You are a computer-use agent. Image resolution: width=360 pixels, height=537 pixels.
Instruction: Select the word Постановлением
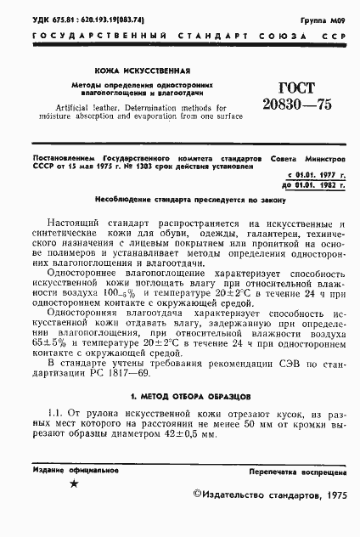pyautogui.click(x=59, y=157)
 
